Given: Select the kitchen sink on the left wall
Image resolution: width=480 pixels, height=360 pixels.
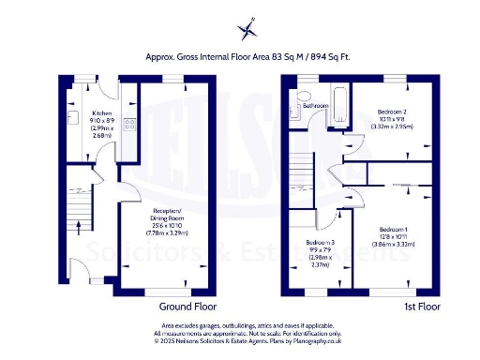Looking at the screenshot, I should point(71,119).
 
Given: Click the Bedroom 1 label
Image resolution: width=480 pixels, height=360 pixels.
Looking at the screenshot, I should point(393,229).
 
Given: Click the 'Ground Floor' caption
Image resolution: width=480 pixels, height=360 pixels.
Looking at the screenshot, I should point(188,307).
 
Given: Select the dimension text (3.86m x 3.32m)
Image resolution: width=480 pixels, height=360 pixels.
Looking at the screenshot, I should point(393,242).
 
